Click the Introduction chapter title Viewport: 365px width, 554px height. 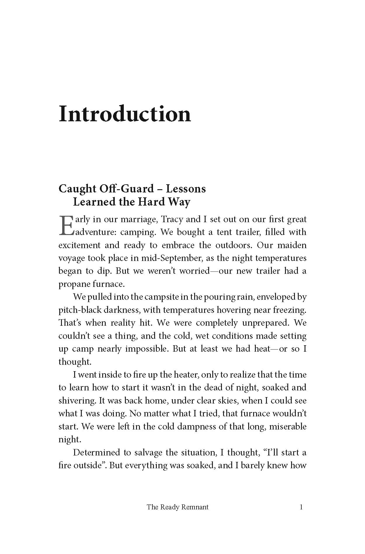125,114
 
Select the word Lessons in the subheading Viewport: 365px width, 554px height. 186,189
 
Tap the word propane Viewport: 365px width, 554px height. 74,284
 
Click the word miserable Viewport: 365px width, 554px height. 288,427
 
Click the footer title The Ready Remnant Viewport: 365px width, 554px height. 178,507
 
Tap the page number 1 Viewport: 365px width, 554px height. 301,507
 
